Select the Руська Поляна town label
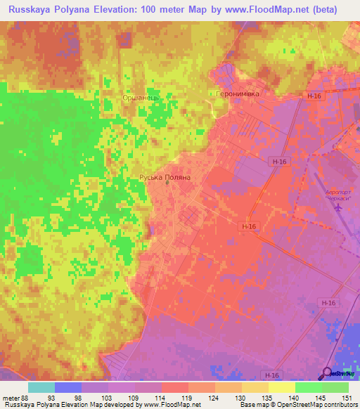(165, 178)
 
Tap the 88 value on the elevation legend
(26, 397)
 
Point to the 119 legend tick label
(188, 397)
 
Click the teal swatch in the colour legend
(41, 387)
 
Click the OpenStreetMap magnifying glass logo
(327, 373)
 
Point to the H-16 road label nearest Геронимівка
(313, 96)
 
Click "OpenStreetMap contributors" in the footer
(316, 405)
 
